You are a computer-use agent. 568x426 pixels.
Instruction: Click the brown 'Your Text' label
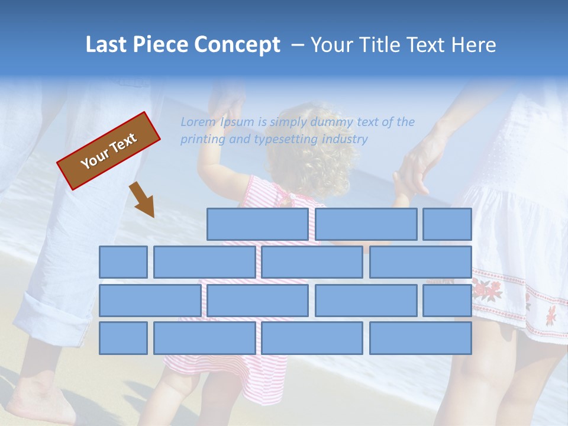point(109,150)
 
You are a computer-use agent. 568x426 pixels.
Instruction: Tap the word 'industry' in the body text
point(345,139)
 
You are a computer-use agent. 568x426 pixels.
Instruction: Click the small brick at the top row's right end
point(447,224)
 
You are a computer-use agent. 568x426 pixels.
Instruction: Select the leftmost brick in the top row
point(257,224)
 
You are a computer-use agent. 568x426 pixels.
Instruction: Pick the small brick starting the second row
point(123,262)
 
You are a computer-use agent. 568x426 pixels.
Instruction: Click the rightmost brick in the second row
point(421,262)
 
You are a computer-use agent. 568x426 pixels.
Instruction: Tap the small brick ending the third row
point(447,300)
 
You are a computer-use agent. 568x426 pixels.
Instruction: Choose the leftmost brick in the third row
point(150,300)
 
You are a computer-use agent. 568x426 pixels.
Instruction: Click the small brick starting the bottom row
point(123,338)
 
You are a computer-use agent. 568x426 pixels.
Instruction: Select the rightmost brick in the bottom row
point(421,338)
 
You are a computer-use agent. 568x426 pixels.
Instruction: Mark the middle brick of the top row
point(366,224)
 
